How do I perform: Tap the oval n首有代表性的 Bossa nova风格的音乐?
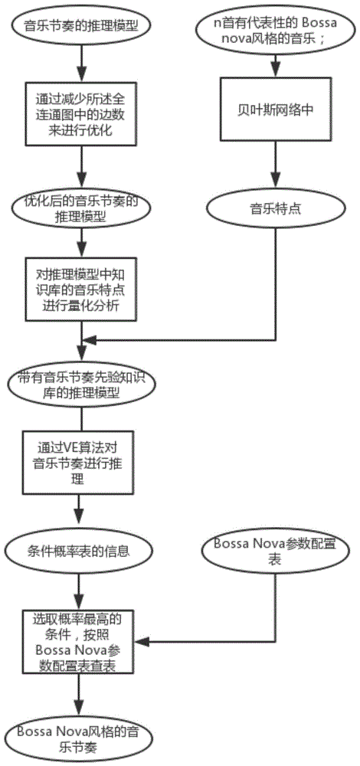pyautogui.click(x=276, y=29)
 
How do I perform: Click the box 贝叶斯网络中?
pyautogui.click(x=276, y=109)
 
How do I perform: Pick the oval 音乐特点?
pyautogui.click(x=276, y=208)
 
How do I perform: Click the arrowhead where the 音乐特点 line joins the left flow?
pyautogui.click(x=88, y=339)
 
